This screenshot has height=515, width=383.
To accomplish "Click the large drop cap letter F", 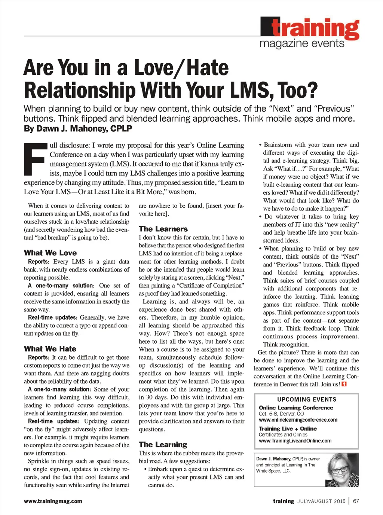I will click(x=36, y=159).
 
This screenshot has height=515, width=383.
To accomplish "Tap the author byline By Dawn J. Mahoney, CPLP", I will click(x=78, y=129).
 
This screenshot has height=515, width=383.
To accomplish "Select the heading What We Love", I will click(x=50, y=253).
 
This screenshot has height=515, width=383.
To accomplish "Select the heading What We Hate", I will click(x=50, y=349).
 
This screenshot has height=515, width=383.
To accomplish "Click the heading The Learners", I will click(x=163, y=229).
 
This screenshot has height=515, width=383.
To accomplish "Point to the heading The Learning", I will click(x=163, y=445).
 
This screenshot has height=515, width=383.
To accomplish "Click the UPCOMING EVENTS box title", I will click(x=307, y=399).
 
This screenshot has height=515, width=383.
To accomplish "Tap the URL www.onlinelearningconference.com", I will click(x=298, y=420).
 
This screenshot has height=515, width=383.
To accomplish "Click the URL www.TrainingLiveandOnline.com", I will click(x=295, y=441).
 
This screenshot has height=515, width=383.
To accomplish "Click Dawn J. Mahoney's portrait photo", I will click(x=343, y=470).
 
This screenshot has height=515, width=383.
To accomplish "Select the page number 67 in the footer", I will click(x=356, y=501).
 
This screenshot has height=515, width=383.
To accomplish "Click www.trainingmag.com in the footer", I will click(x=53, y=501).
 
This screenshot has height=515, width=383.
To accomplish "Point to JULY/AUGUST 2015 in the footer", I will click(x=321, y=501).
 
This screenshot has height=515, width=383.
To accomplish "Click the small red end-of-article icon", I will click(x=344, y=384).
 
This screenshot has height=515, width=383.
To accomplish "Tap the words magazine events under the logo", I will click(x=302, y=43).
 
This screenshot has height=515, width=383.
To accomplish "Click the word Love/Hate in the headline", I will click(x=181, y=68).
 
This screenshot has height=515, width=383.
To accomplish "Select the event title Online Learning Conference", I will click(x=296, y=408).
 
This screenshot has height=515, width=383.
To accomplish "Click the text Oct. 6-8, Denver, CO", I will click(x=281, y=414).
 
